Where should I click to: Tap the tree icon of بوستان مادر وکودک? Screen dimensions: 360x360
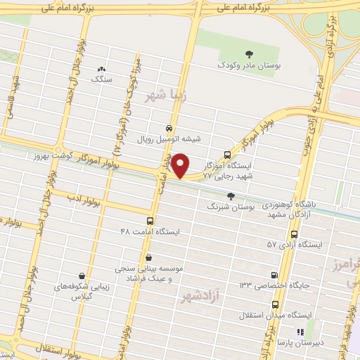click(247, 54)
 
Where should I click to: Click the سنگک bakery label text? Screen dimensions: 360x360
click(101, 80)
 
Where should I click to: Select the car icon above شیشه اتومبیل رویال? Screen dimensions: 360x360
click(169, 128)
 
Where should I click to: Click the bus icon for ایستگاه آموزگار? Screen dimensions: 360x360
click(227, 155)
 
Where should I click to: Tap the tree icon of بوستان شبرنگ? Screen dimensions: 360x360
click(231, 196)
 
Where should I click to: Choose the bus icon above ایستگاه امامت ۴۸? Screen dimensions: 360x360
click(150, 219)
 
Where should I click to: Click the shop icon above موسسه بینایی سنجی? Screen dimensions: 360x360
click(148, 257)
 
